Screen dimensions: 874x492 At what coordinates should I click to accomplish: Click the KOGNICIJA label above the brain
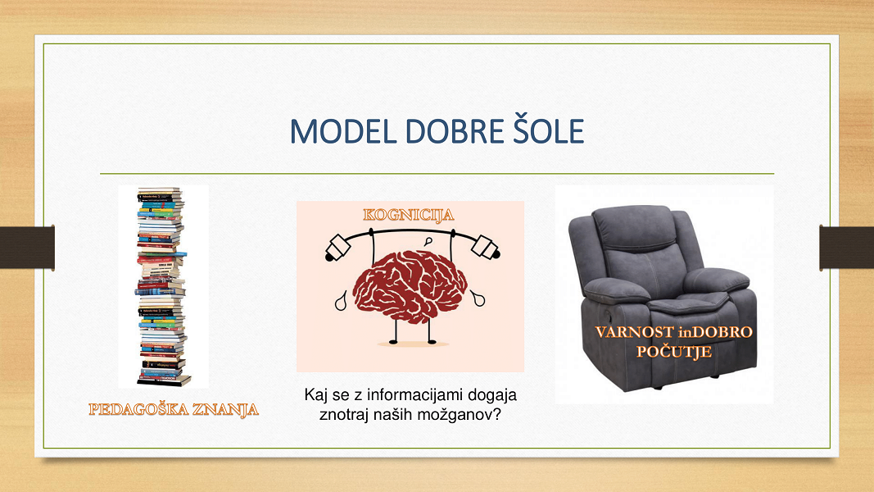(409, 215)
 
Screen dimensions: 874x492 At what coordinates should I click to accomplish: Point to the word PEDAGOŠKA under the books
(138, 409)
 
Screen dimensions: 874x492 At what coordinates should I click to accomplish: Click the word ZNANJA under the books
(226, 409)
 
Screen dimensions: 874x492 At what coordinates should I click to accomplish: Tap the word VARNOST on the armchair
(634, 332)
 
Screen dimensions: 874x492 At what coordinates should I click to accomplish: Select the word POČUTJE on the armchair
(674, 352)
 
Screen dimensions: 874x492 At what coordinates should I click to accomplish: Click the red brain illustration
(410, 286)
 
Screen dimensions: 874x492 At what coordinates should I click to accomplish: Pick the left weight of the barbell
(338, 248)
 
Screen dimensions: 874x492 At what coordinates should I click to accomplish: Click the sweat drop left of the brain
(341, 301)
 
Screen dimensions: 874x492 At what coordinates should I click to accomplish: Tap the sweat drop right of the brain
(478, 298)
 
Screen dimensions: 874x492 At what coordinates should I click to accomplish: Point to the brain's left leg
(393, 331)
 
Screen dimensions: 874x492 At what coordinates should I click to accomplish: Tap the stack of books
(162, 287)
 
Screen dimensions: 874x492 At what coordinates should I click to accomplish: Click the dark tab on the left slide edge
(27, 248)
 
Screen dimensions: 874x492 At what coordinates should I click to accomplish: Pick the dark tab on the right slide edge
(847, 248)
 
